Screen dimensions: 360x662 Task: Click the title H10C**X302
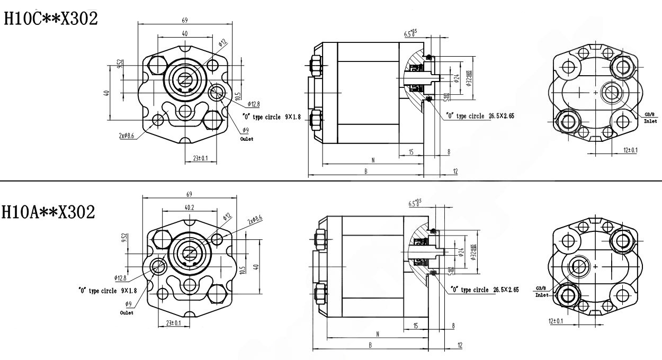click(x=51, y=19)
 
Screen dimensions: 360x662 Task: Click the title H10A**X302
click(x=49, y=212)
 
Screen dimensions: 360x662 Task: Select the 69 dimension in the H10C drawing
click(x=184, y=20)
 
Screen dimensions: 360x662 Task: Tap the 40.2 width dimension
click(x=189, y=207)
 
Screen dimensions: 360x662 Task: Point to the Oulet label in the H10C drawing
click(x=247, y=139)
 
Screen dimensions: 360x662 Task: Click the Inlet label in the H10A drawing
click(x=542, y=295)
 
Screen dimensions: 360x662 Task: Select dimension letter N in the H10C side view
click(x=373, y=160)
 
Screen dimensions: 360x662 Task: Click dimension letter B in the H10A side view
click(x=370, y=345)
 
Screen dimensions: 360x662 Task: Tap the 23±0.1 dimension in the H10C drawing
click(x=200, y=158)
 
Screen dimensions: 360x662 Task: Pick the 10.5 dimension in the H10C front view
click(x=238, y=96)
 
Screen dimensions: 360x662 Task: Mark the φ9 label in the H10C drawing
click(x=246, y=130)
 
